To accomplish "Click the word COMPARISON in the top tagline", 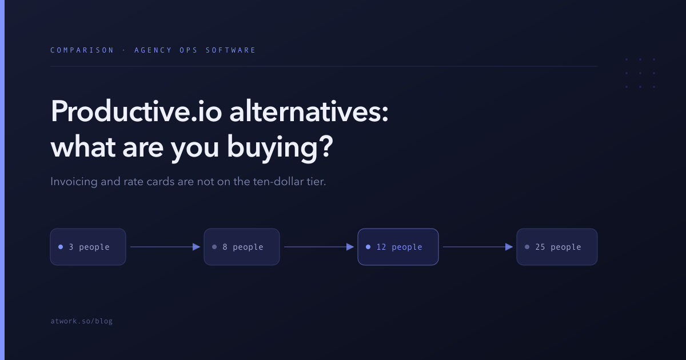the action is [82, 50].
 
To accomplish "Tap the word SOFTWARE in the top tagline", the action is [230, 50].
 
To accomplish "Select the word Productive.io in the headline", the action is [136, 112].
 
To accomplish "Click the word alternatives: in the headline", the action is [309, 112].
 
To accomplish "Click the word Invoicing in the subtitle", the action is [74, 182].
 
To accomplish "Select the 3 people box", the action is [88, 247].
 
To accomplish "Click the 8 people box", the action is [242, 247].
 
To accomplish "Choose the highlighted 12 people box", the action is [398, 247].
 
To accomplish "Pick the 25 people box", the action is [557, 247].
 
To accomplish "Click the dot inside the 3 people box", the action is [61, 247].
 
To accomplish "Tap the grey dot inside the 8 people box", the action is [214, 247].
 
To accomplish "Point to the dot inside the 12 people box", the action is [368, 247].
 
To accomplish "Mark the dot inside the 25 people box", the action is [527, 247].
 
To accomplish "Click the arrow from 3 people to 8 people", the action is [165, 247].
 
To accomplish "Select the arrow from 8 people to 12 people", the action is [319, 247].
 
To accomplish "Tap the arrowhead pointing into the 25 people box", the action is [509, 247].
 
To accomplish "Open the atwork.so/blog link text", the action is [81, 321].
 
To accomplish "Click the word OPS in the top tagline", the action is [189, 50].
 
